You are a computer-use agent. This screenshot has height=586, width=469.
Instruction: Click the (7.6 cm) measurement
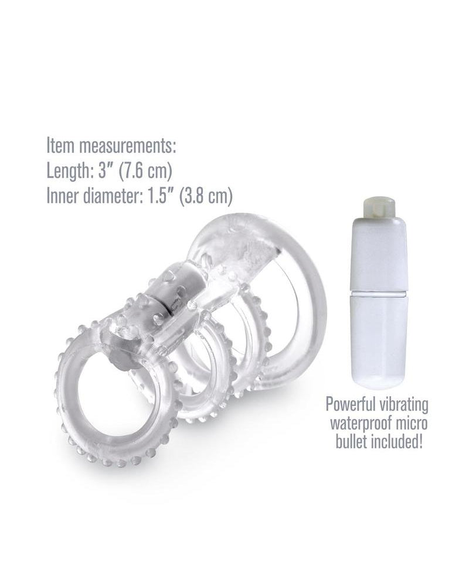145,171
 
